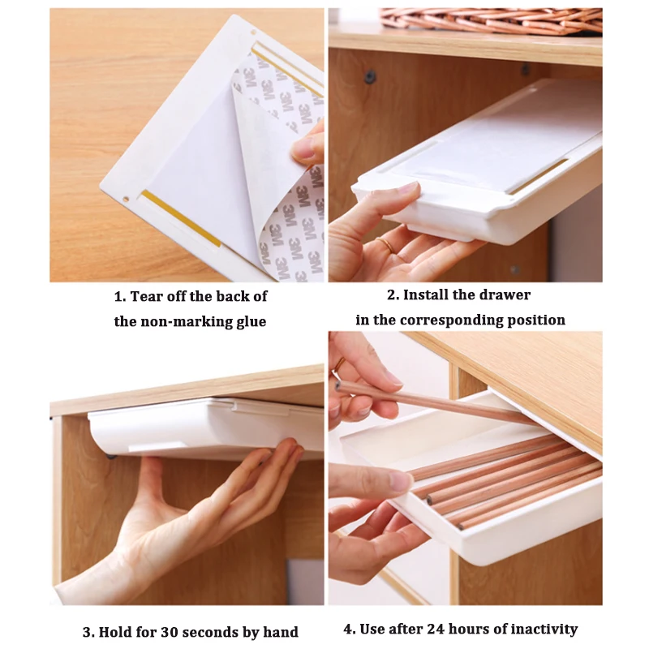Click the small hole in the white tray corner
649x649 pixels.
pos(126,198)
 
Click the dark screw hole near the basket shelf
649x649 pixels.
pos(370,77)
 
